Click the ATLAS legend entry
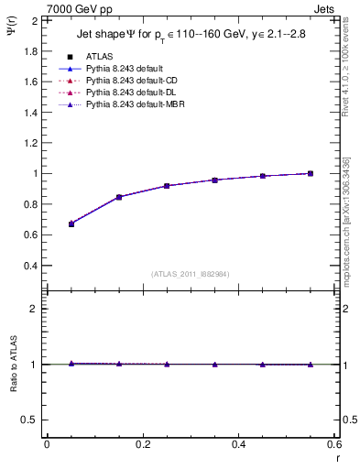coord(100,56)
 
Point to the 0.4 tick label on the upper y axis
coord(30,266)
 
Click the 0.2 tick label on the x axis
coord(142,444)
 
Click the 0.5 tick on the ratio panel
coord(30,420)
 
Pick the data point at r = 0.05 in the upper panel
coord(71,224)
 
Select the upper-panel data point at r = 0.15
coord(119,197)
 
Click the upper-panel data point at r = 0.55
coord(311,173)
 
